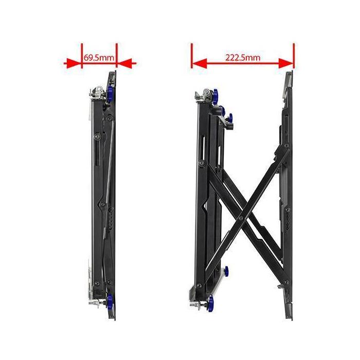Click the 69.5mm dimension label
click(x=99, y=58)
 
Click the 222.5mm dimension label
click(x=242, y=58)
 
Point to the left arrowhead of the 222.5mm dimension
click(x=199, y=63)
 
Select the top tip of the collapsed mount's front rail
click(x=112, y=73)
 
